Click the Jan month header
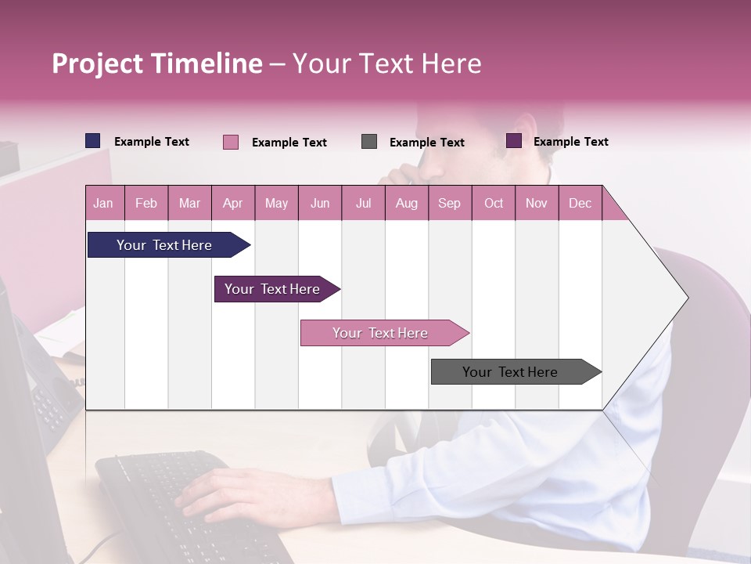tap(103, 203)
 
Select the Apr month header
tap(232, 203)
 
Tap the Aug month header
tap(406, 203)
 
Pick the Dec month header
tap(580, 203)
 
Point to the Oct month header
tap(493, 203)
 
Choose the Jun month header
tap(319, 203)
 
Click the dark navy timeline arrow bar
tap(164, 245)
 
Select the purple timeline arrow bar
tap(272, 289)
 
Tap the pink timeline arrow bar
tap(380, 333)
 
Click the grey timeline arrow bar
tap(510, 372)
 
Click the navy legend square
tap(92, 141)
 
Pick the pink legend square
tap(230, 142)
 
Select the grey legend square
tap(369, 142)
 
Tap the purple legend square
tap(514, 141)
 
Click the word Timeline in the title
tap(207, 63)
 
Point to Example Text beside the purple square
tap(570, 141)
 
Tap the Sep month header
tap(449, 203)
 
